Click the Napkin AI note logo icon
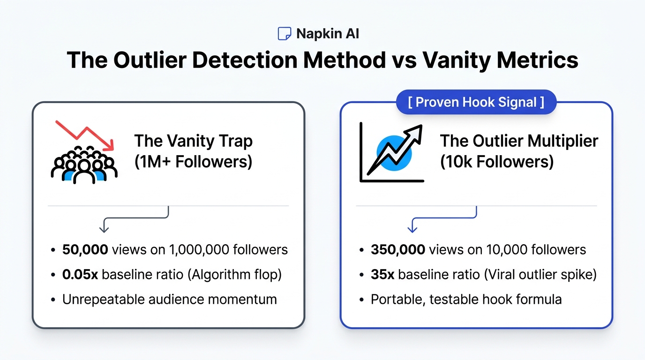point(284,34)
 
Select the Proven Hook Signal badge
point(476,102)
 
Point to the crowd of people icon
point(84,165)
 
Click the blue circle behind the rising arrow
point(394,153)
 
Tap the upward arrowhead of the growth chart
point(415,133)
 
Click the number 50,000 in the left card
point(85,249)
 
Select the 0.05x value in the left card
point(80,275)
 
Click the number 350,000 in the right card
point(398,249)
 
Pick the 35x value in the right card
point(382,275)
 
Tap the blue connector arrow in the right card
point(443,217)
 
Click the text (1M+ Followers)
point(193,162)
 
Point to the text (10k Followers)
point(497,162)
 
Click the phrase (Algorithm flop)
point(235,275)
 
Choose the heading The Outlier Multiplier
point(519,141)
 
